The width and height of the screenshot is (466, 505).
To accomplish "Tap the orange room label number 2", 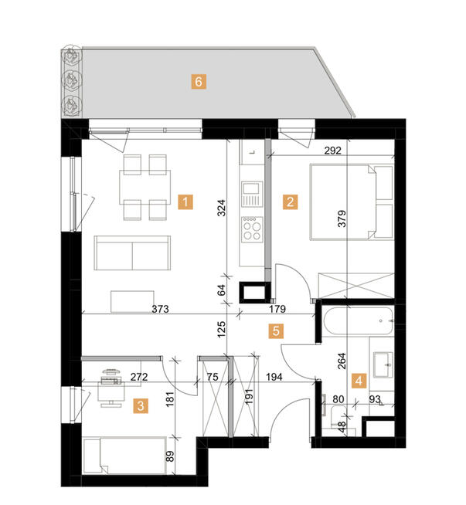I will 290,203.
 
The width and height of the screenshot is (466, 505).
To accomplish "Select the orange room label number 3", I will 141,405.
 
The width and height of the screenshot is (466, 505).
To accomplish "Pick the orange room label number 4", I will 358,380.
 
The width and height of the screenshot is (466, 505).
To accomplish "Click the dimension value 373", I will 160,309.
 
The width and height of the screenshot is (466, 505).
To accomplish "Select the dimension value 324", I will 220,208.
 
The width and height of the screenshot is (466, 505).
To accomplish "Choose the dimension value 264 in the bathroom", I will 342,362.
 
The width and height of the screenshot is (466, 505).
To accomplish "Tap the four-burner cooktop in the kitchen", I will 252,229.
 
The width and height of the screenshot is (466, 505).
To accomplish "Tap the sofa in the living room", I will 133,253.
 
